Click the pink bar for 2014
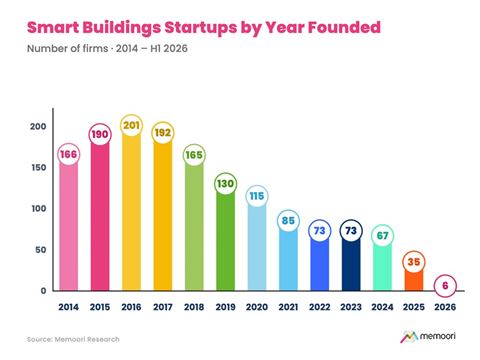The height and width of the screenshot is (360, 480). [69, 227]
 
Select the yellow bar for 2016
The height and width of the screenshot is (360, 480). [131, 213]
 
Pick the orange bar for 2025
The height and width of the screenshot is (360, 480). [414, 280]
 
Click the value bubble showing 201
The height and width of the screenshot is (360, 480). [131, 125]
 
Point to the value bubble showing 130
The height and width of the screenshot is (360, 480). [225, 184]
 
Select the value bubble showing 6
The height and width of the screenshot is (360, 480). [445, 286]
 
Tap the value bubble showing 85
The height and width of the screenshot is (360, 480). [288, 221]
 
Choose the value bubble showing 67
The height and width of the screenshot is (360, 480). [382, 236]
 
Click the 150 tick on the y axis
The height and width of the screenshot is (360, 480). [39, 168]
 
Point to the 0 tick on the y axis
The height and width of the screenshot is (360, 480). [43, 291]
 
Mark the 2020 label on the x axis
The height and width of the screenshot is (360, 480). [257, 307]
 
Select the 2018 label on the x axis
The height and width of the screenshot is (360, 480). [194, 307]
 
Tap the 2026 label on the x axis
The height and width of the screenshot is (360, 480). [445, 307]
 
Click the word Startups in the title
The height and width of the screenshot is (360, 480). [200, 28]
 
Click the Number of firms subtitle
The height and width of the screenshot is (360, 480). [68, 48]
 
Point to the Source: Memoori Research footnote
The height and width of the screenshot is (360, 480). [73, 339]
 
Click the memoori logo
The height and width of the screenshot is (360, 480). [428, 337]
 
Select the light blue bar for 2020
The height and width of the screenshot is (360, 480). [257, 248]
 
